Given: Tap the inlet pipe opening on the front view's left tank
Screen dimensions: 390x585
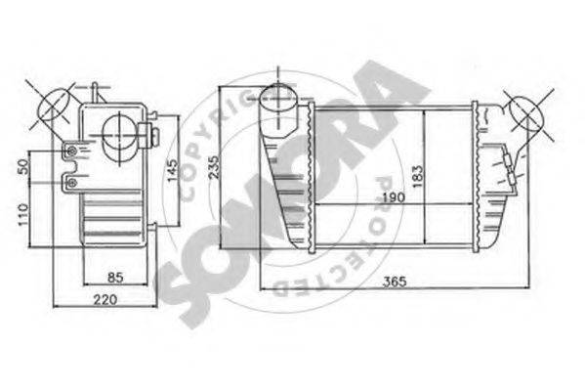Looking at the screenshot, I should pyautogui.click(x=281, y=98).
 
